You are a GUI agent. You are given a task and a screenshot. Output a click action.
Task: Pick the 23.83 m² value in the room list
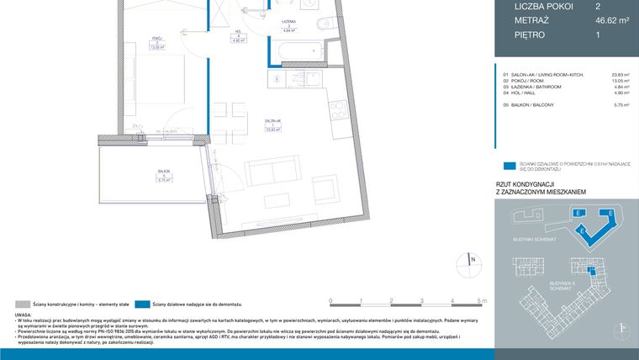pos(621,75)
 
